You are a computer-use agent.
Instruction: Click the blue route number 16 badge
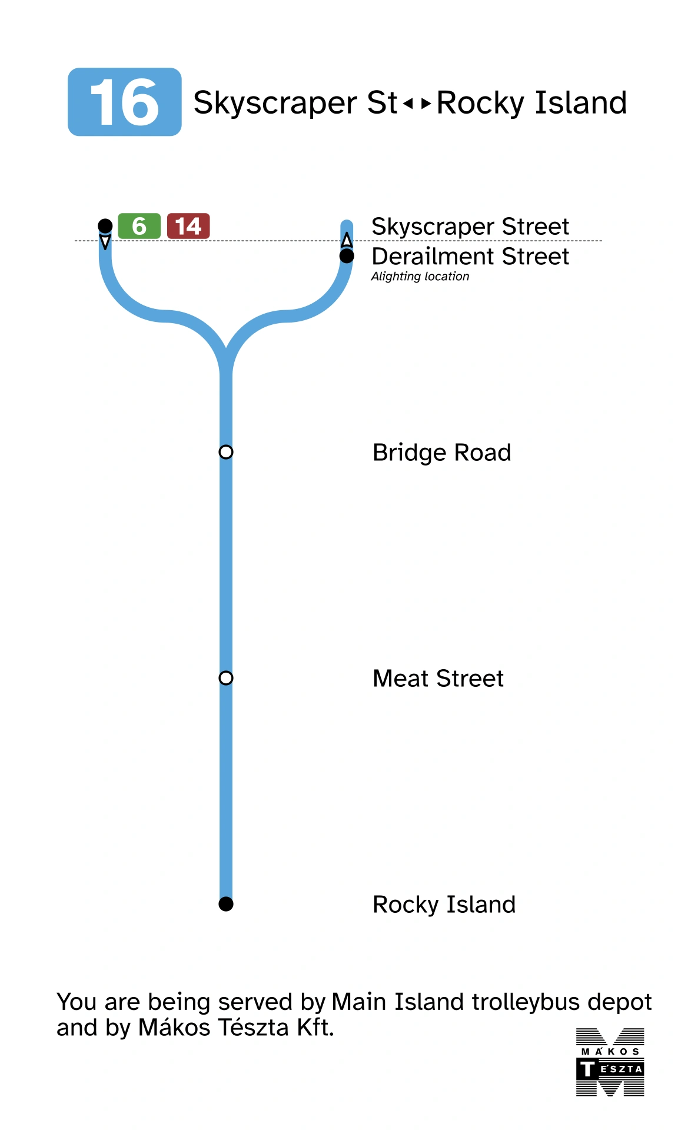124,102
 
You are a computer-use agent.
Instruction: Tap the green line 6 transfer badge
139,226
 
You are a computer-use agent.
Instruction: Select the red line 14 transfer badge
188,226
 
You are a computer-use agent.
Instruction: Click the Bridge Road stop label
441,453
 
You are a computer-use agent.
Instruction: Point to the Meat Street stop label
438,679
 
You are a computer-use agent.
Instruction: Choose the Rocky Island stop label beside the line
444,905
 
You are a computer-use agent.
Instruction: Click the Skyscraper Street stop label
470,227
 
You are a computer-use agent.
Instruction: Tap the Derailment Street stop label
470,257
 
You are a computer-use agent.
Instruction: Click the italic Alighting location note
420,277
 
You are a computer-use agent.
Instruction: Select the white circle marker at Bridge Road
226,452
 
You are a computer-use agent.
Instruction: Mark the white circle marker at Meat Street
226,678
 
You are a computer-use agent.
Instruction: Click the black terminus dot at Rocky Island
226,904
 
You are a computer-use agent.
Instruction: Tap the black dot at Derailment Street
347,256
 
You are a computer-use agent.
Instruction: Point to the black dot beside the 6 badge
105,225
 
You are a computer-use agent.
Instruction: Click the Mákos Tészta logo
610,1062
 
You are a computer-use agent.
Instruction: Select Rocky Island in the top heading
531,103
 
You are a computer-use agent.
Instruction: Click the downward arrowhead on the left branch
105,242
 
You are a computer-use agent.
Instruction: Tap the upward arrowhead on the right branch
347,240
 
